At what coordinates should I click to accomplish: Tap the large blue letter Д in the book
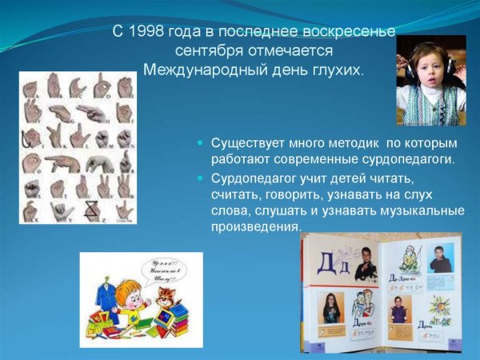pyautogui.click(x=328, y=263)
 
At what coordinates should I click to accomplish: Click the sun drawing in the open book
pyautogui.click(x=438, y=304)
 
